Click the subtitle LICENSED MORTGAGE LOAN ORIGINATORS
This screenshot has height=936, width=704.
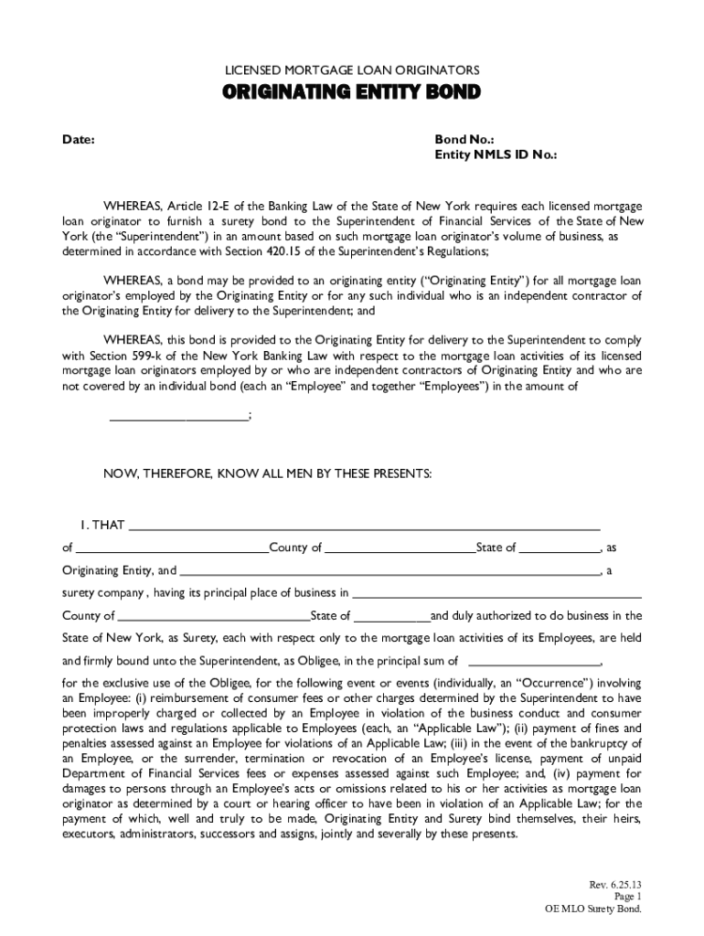[x=352, y=70]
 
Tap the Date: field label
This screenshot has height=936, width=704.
[x=79, y=140]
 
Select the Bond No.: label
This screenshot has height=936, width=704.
[x=464, y=140]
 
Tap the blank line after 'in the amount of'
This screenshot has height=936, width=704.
[x=178, y=418]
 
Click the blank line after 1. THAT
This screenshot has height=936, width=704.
[x=364, y=526]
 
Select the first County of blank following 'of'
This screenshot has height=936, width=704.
[x=172, y=548]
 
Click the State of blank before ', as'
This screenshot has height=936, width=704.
[x=560, y=548]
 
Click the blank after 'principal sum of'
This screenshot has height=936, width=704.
[x=534, y=660]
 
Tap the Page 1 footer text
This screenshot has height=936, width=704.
[x=627, y=898]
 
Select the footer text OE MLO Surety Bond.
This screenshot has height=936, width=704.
[x=593, y=910]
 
